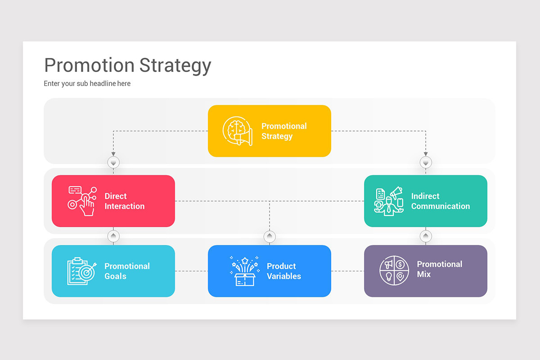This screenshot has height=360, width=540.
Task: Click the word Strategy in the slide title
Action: coord(175,66)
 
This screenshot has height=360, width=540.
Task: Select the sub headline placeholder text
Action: coord(87,84)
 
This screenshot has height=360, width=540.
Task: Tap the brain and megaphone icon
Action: coord(238,131)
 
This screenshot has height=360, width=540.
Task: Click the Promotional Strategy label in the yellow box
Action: coord(284,131)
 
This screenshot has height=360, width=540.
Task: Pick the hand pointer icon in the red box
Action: coord(82,201)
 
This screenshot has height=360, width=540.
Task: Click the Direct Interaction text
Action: coord(125,201)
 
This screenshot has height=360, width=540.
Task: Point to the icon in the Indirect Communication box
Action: coord(388,201)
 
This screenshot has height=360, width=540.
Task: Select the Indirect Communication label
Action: coord(440,201)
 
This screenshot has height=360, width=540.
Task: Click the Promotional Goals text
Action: coord(127,271)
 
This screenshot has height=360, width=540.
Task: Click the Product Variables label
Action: coord(284,271)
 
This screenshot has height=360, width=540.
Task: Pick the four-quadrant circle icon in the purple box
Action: coord(394,271)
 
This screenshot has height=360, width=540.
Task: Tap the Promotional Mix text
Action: coord(439,269)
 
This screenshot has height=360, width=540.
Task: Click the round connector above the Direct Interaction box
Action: coord(113,162)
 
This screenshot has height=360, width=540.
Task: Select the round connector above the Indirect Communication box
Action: coord(426,162)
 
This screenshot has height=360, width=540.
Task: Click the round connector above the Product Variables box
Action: coord(270,236)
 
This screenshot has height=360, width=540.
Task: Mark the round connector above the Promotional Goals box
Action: coord(113,236)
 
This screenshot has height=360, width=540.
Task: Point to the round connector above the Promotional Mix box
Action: coord(426,236)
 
